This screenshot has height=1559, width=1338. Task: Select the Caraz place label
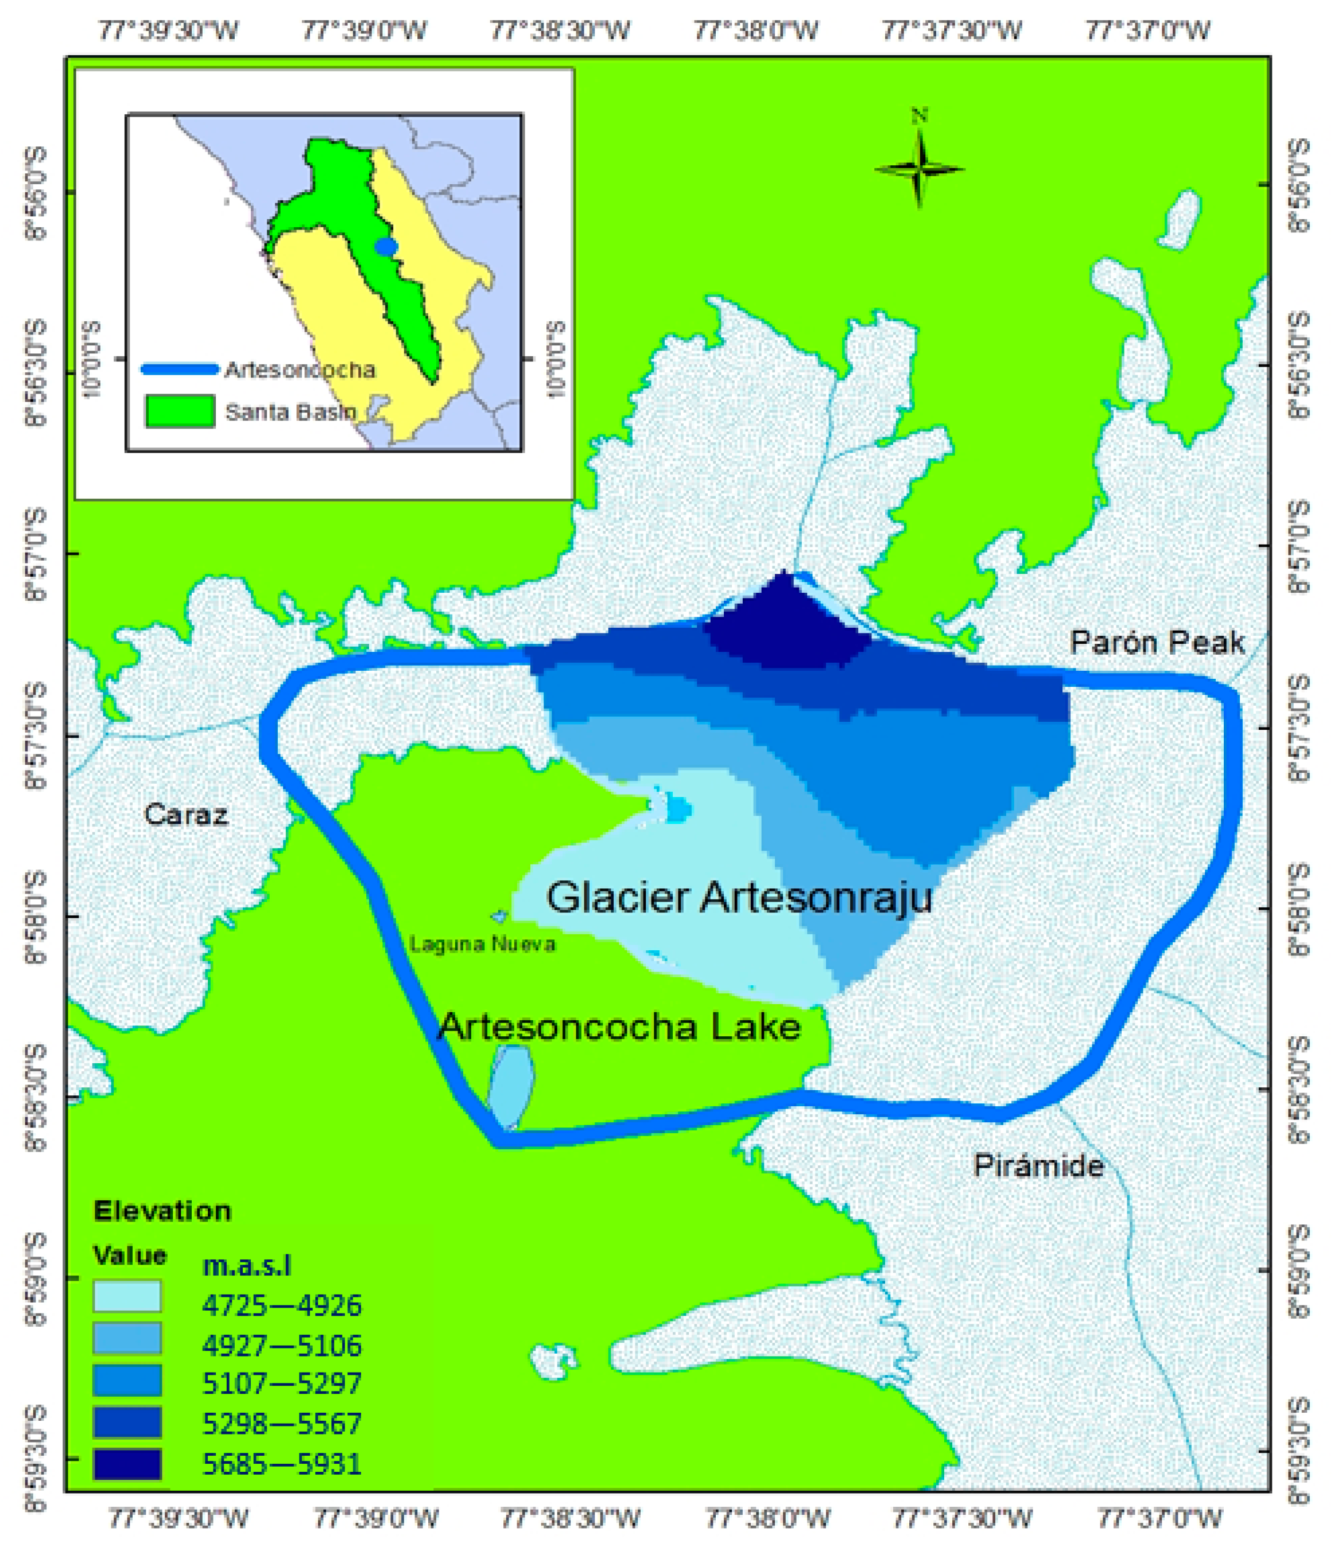point(186,814)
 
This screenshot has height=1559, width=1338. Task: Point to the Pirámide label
point(1038,1165)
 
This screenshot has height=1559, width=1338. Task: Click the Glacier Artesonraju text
point(739,897)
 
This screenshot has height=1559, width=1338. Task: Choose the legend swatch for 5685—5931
point(127,1463)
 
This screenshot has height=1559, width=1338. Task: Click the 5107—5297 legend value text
point(281,1382)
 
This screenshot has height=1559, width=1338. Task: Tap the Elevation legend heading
point(162,1211)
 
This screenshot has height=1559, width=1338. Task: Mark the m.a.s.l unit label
point(247,1266)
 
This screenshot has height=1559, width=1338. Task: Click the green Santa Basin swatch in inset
point(180,411)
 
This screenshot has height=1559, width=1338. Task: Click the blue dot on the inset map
point(386,247)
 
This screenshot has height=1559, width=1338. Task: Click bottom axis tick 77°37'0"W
point(1159,1518)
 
